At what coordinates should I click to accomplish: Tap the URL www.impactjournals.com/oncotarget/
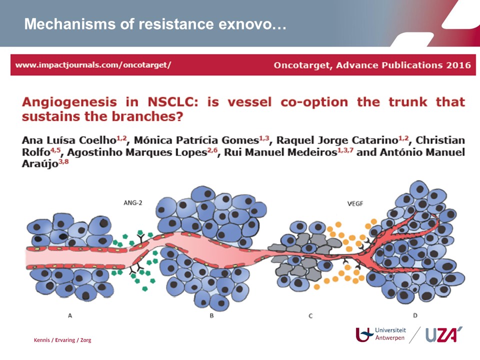point(93,65)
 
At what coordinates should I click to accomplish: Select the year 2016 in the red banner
point(458,65)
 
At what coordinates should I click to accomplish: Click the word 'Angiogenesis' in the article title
point(69,102)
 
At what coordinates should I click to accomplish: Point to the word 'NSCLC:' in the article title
point(172,102)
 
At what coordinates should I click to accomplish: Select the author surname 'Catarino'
point(375,140)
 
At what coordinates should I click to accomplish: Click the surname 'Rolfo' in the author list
point(36,152)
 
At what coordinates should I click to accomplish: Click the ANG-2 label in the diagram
point(133,202)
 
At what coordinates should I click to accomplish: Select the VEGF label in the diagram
point(355,203)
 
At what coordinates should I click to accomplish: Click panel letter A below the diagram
point(70,315)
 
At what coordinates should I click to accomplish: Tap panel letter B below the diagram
point(211,315)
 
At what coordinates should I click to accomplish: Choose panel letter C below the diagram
point(310,315)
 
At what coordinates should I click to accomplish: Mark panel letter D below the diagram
point(415,315)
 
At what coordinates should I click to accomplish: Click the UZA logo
point(444,334)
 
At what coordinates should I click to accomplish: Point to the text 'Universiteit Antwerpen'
point(390,334)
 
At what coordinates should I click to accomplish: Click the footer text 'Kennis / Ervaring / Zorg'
point(62,340)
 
